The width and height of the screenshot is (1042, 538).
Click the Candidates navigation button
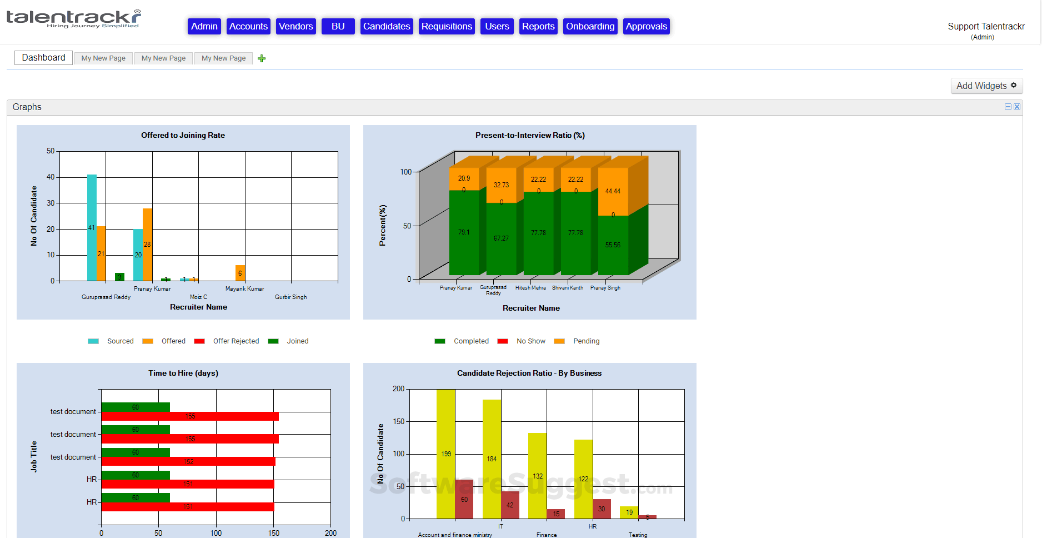click(x=387, y=26)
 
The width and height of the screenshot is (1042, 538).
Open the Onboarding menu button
click(x=590, y=26)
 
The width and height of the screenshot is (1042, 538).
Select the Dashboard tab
click(x=43, y=58)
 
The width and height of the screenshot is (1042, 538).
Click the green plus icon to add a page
click(x=262, y=58)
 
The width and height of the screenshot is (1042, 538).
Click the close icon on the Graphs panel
click(x=1017, y=107)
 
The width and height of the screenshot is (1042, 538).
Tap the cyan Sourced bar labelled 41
click(x=92, y=227)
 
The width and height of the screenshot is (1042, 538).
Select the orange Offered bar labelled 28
click(x=147, y=244)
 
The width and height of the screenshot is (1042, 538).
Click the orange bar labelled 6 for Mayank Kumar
click(x=240, y=273)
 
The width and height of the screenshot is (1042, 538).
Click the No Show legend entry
click(x=530, y=341)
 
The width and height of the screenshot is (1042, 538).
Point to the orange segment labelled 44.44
click(x=613, y=191)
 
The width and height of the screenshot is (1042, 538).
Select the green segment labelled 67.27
click(x=501, y=238)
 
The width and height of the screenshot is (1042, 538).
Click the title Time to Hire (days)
click(x=183, y=373)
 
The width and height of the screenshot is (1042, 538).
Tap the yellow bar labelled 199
click(x=445, y=454)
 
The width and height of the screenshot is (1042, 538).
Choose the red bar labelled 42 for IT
click(x=510, y=505)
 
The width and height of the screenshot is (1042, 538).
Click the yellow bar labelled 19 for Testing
click(x=629, y=512)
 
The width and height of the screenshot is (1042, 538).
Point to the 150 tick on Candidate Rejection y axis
click(x=399, y=421)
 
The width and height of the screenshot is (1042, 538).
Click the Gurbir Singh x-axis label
click(x=290, y=297)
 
